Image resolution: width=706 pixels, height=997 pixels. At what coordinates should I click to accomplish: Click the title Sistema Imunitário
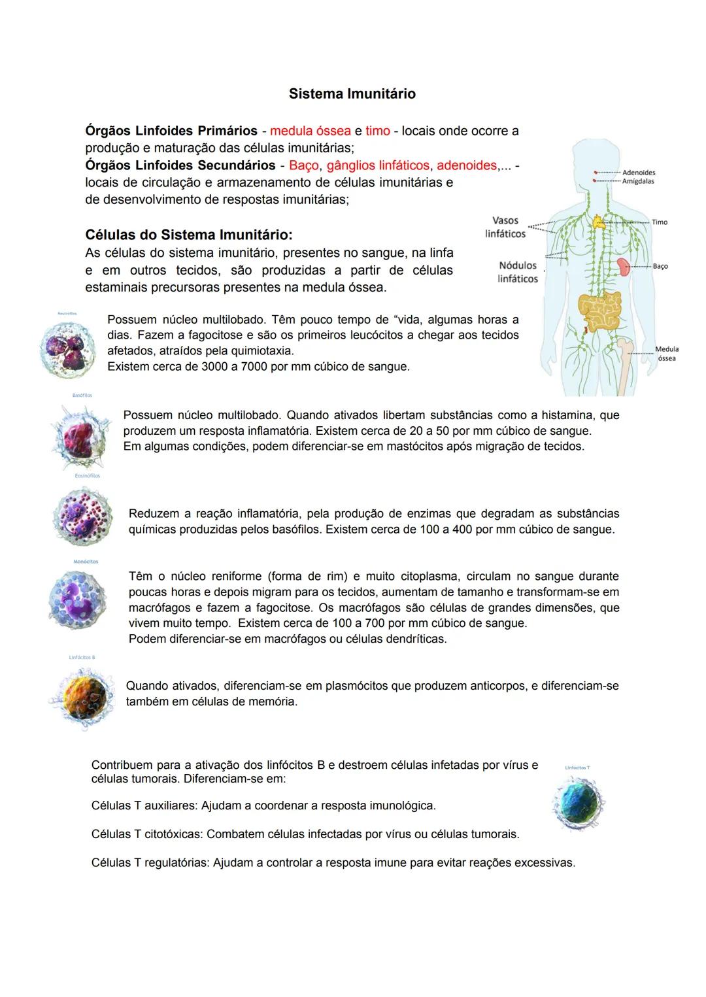(x=352, y=94)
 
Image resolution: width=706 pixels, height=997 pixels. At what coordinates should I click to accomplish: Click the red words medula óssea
(x=311, y=131)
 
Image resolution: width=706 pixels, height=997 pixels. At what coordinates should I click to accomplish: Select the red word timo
(x=377, y=131)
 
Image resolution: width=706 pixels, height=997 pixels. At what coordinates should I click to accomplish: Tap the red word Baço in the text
(x=303, y=165)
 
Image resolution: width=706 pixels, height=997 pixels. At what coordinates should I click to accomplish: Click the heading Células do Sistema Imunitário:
(x=189, y=234)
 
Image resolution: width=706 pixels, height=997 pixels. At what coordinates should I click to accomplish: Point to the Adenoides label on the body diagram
(x=638, y=173)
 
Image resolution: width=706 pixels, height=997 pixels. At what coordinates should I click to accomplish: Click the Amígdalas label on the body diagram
(x=638, y=181)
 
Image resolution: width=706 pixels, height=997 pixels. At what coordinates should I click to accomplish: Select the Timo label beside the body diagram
(x=660, y=222)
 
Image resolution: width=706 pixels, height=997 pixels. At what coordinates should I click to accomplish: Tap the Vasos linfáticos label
(x=505, y=227)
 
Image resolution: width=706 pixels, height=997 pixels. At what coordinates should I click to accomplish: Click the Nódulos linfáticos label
(x=517, y=272)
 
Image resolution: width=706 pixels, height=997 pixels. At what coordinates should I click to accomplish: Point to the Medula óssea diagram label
(x=667, y=354)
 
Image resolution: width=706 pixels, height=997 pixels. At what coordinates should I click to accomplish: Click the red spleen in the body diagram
(x=623, y=266)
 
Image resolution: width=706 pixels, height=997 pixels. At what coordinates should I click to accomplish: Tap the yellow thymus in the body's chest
(x=599, y=222)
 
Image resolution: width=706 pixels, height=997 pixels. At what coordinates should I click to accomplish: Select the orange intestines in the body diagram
(x=599, y=312)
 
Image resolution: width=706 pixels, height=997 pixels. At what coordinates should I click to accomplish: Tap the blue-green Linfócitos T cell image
(x=577, y=803)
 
